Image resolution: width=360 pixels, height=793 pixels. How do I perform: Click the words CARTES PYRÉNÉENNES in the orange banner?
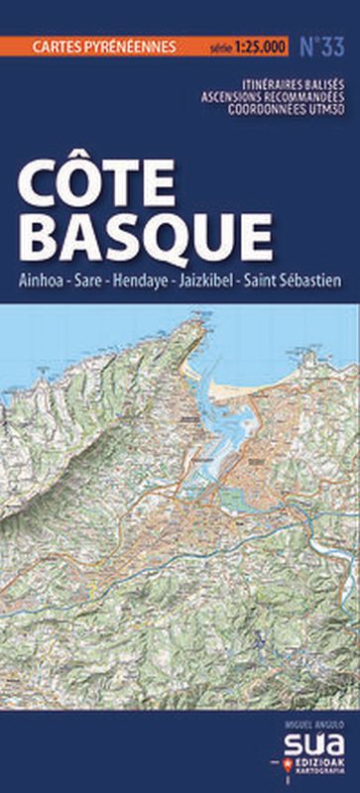(x=104, y=46)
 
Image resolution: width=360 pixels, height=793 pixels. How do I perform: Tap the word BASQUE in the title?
(x=145, y=238)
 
